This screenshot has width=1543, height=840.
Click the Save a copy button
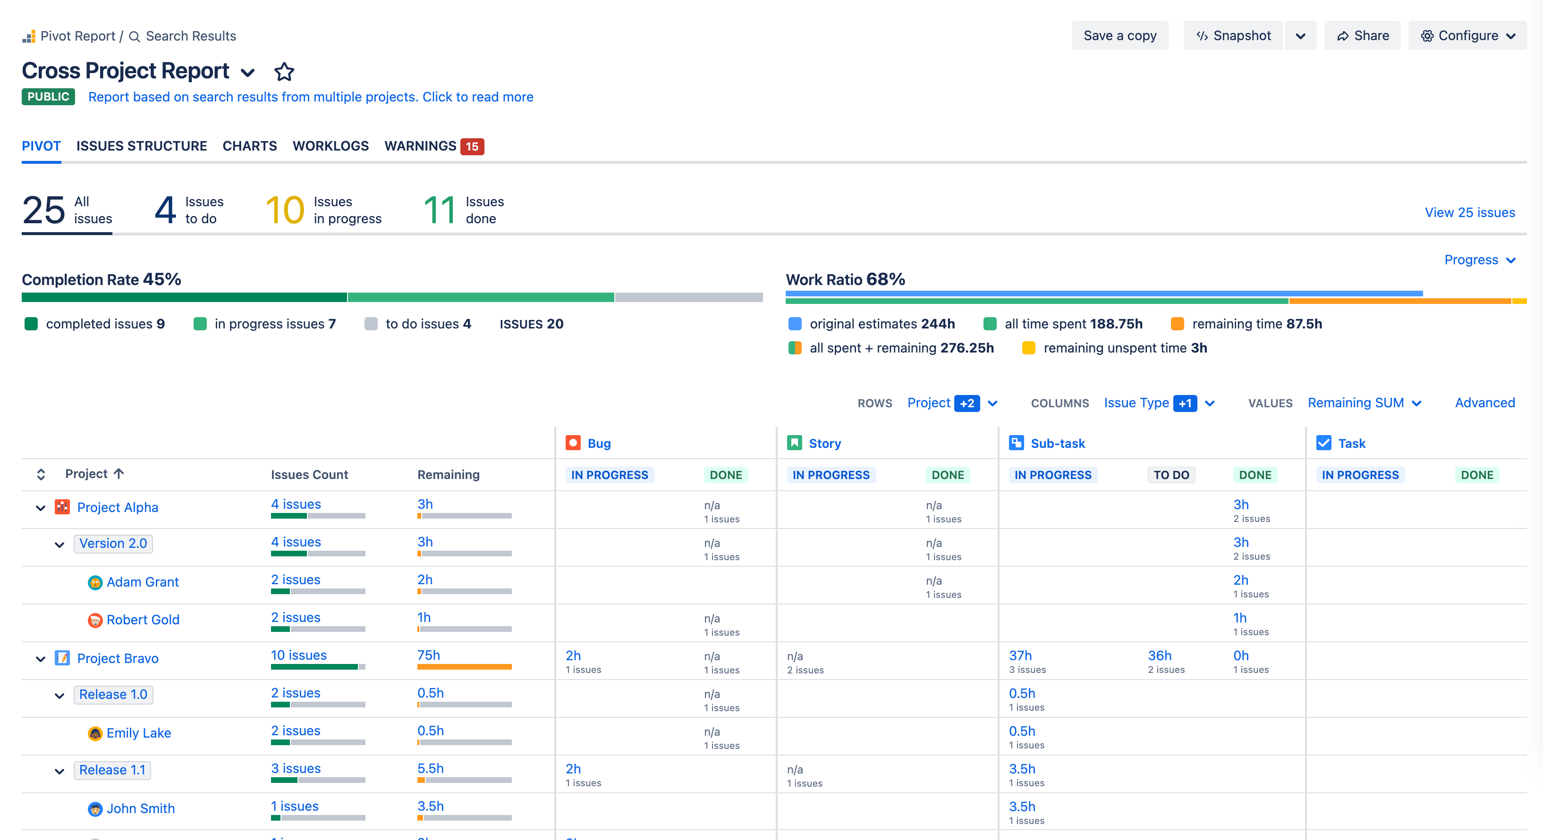click(x=1119, y=36)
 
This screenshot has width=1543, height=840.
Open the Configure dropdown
click(x=1467, y=36)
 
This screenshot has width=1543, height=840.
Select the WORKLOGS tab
click(x=331, y=146)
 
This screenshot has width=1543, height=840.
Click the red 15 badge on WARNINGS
click(x=472, y=147)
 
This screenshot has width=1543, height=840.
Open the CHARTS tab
click(x=250, y=146)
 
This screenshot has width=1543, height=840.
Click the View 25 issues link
click(x=1469, y=212)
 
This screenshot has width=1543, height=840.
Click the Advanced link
click(x=1484, y=403)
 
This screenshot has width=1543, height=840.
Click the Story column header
click(x=824, y=444)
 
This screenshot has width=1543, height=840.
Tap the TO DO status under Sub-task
click(x=1171, y=475)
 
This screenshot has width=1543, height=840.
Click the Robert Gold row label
click(x=143, y=620)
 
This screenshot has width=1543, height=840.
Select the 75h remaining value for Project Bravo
click(x=428, y=655)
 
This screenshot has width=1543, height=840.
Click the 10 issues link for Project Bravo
click(x=298, y=655)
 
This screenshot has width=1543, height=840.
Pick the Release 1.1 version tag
click(x=112, y=770)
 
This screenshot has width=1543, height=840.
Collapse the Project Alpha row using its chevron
click(x=41, y=508)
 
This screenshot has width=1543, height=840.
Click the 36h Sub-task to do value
click(x=1159, y=655)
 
